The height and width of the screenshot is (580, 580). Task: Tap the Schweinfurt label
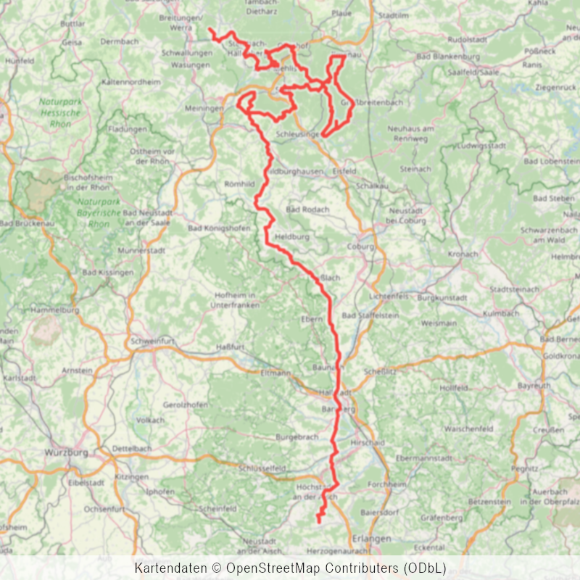click(x=152, y=341)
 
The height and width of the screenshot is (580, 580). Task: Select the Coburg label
click(x=360, y=246)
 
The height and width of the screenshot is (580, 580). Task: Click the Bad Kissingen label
click(x=108, y=273)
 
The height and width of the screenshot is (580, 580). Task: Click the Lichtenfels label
click(x=384, y=297)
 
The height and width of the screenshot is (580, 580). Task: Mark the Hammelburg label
click(x=55, y=310)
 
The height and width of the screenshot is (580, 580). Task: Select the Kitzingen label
click(x=132, y=477)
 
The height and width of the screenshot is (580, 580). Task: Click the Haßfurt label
click(x=231, y=347)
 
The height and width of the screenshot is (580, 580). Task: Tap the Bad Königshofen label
click(x=218, y=229)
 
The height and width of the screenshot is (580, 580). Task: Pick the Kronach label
click(x=463, y=254)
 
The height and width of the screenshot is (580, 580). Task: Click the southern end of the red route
click(x=319, y=521)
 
